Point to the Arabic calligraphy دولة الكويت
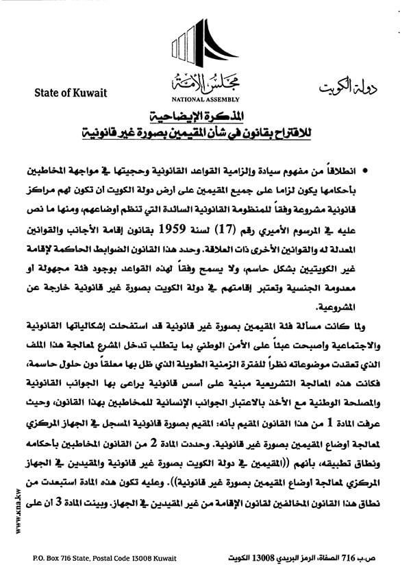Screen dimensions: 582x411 click(x=342, y=88)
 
